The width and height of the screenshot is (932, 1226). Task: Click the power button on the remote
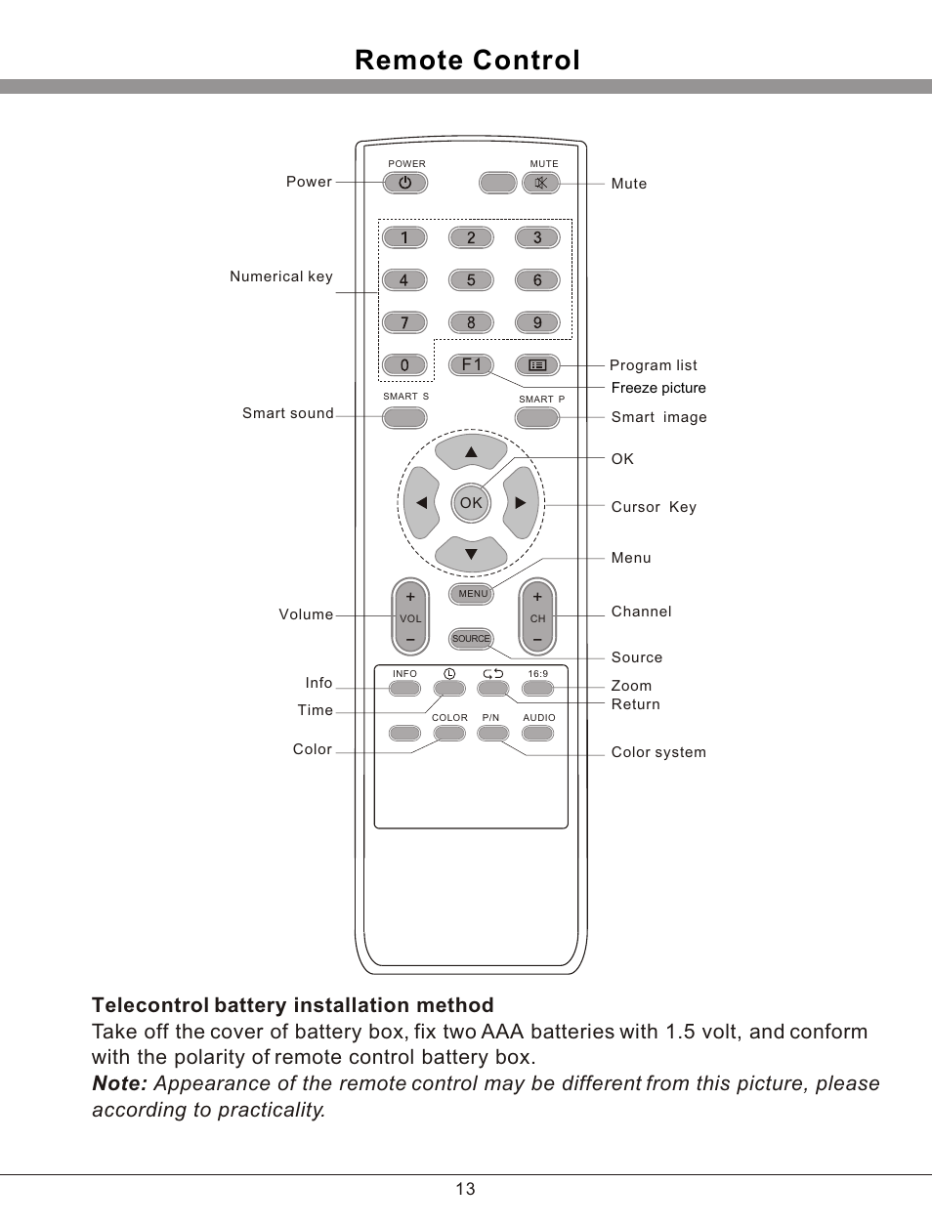click(x=404, y=183)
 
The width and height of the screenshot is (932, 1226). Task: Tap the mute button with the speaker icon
click(x=541, y=183)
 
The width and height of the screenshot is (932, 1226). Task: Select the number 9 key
click(x=537, y=322)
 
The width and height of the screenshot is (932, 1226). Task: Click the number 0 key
click(x=404, y=365)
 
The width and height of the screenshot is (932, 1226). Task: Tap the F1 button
click(x=471, y=365)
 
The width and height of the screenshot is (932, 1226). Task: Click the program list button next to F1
click(x=537, y=365)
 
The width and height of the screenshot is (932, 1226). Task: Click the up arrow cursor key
click(x=471, y=451)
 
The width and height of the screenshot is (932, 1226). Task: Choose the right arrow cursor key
click(x=522, y=503)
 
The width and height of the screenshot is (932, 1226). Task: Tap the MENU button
click(x=472, y=594)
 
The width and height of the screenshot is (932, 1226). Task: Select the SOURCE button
click(x=471, y=639)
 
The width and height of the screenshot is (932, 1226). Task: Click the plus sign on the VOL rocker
click(x=410, y=597)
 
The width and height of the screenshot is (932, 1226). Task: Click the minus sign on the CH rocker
click(x=537, y=641)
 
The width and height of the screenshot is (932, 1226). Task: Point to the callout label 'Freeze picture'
click(x=657, y=388)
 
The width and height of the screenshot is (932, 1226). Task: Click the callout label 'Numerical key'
click(x=280, y=276)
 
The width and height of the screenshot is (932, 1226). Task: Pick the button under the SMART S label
click(x=404, y=418)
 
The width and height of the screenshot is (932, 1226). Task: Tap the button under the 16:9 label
click(x=537, y=689)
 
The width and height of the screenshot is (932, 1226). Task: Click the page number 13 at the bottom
click(x=465, y=1189)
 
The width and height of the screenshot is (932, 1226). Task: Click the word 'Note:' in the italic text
click(x=119, y=1083)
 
